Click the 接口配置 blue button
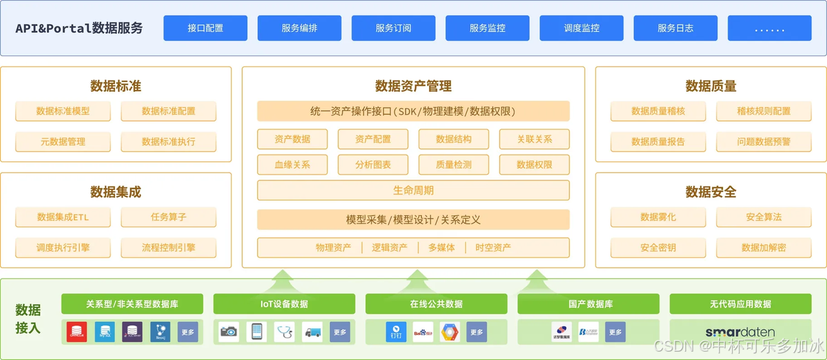tap(205, 28)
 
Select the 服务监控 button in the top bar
tap(487, 28)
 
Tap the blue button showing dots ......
tap(769, 28)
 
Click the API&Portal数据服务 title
tap(79, 28)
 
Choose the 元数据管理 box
tap(63, 142)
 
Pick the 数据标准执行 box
tap(169, 142)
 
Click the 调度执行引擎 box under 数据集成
tap(63, 248)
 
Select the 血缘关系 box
tap(292, 165)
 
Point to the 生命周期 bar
tap(413, 191)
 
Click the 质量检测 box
tap(454, 165)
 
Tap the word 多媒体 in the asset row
tap(441, 248)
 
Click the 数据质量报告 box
tap(658, 142)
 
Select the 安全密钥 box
tap(658, 248)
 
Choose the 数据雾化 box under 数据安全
tap(658, 217)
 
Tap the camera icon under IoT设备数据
tap(229, 332)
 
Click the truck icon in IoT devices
tap(312, 332)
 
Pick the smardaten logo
tap(740, 332)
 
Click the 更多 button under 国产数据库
tap(615, 332)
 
